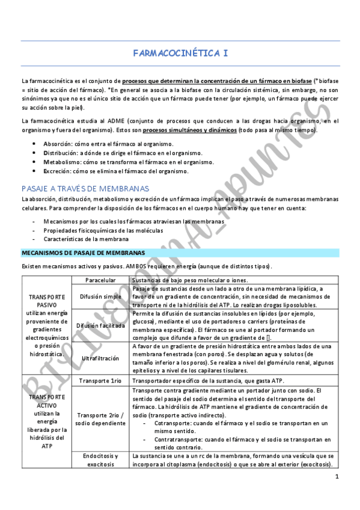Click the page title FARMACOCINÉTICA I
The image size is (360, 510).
(x=180, y=54)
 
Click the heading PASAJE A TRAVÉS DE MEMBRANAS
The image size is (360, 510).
(x=85, y=188)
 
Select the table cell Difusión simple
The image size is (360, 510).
(x=100, y=296)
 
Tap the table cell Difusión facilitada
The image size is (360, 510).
(x=100, y=325)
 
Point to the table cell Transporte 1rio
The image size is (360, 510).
(x=100, y=381)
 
